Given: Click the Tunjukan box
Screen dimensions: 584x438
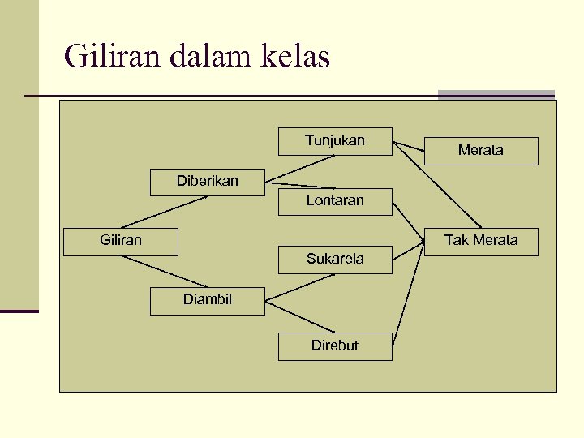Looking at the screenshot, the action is [335, 141].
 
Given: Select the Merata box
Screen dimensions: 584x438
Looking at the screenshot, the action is [481, 151].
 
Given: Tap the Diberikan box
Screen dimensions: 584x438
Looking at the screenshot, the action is [208, 182].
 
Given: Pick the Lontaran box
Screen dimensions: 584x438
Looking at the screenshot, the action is [335, 201].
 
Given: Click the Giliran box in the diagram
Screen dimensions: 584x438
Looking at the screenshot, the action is [121, 241].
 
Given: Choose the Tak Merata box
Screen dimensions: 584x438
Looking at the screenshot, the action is [481, 241].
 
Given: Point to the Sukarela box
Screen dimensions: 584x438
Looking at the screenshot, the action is [335, 260].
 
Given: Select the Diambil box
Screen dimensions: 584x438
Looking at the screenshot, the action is [208, 300].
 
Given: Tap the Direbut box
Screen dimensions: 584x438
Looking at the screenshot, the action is [335, 346].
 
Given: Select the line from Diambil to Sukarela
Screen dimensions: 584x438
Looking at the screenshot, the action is [299, 289].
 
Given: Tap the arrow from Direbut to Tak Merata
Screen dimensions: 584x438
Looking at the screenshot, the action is [409, 292].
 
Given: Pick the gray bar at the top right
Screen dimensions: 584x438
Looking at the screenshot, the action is [496, 94].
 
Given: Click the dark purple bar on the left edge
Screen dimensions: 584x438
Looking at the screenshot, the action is [19, 311].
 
